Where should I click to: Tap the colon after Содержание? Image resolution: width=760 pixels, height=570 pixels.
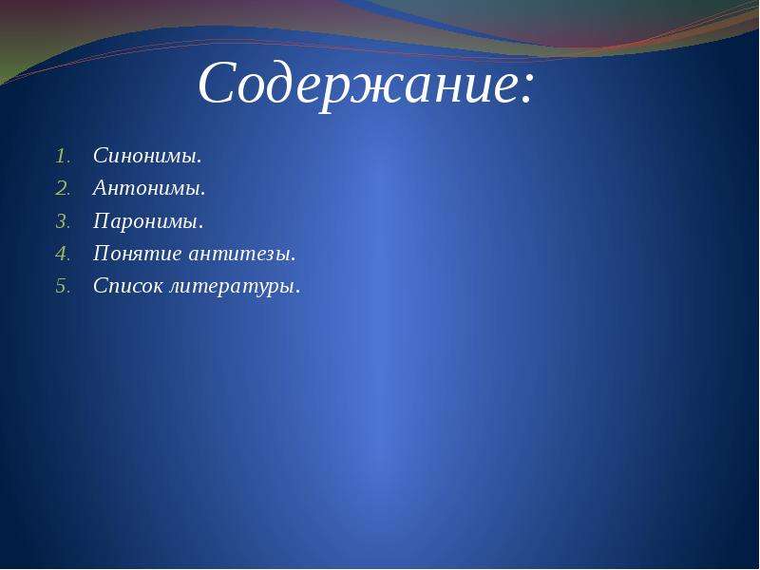(526, 89)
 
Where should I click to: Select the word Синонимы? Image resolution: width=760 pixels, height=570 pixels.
(145, 156)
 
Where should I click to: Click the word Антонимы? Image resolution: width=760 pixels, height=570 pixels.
(147, 188)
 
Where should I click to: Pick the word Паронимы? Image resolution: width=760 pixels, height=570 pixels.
(146, 221)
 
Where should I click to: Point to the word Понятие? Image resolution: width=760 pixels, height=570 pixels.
(138, 254)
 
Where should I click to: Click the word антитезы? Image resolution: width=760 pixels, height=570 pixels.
(239, 254)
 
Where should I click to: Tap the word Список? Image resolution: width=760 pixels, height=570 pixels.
(128, 286)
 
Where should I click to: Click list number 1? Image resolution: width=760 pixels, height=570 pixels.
(63, 157)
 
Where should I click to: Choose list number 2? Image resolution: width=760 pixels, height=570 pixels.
(63, 189)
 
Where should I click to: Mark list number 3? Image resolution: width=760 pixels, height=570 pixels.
(63, 221)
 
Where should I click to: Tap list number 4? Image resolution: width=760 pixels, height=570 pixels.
(63, 254)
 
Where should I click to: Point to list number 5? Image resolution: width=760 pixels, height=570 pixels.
(63, 287)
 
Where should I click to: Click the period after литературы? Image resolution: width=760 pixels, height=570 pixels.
(297, 293)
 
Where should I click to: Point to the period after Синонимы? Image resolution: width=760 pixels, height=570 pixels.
(199, 161)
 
